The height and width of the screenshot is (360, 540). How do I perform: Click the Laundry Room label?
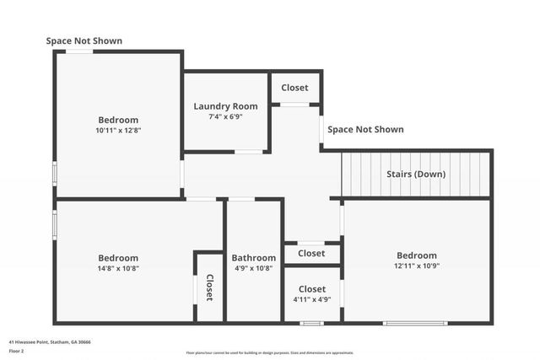pyautogui.click(x=225, y=106)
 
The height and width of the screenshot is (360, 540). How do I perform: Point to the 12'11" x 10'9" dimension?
pyautogui.click(x=417, y=266)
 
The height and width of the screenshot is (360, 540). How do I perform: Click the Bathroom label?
pyautogui.click(x=253, y=258)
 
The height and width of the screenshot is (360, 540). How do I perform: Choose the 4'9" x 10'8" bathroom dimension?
pyautogui.click(x=253, y=269)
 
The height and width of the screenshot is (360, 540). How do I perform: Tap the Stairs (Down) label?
pyautogui.click(x=416, y=175)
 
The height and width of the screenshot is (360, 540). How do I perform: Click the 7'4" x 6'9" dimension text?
pyautogui.click(x=225, y=117)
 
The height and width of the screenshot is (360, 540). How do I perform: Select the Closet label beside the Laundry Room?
pyautogui.click(x=294, y=88)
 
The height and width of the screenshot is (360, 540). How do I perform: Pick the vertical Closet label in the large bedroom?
pyautogui.click(x=209, y=287)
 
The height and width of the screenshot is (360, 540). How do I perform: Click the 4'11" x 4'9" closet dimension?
pyautogui.click(x=311, y=299)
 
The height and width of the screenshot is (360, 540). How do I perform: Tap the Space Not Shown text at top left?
pyautogui.click(x=84, y=40)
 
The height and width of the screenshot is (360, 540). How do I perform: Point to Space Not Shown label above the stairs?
pyautogui.click(x=365, y=130)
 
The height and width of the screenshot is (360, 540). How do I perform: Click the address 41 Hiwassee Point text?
pyautogui.click(x=50, y=342)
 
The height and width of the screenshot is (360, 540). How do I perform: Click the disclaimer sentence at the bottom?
pyautogui.click(x=270, y=353)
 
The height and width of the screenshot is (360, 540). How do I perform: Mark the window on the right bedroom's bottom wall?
pyautogui.click(x=415, y=323)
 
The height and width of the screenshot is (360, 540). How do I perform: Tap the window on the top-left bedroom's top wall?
pyautogui.click(x=80, y=51)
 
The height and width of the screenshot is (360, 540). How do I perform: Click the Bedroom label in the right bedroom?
pyautogui.click(x=417, y=255)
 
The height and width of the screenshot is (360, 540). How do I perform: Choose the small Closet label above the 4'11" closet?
pyautogui.click(x=311, y=253)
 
